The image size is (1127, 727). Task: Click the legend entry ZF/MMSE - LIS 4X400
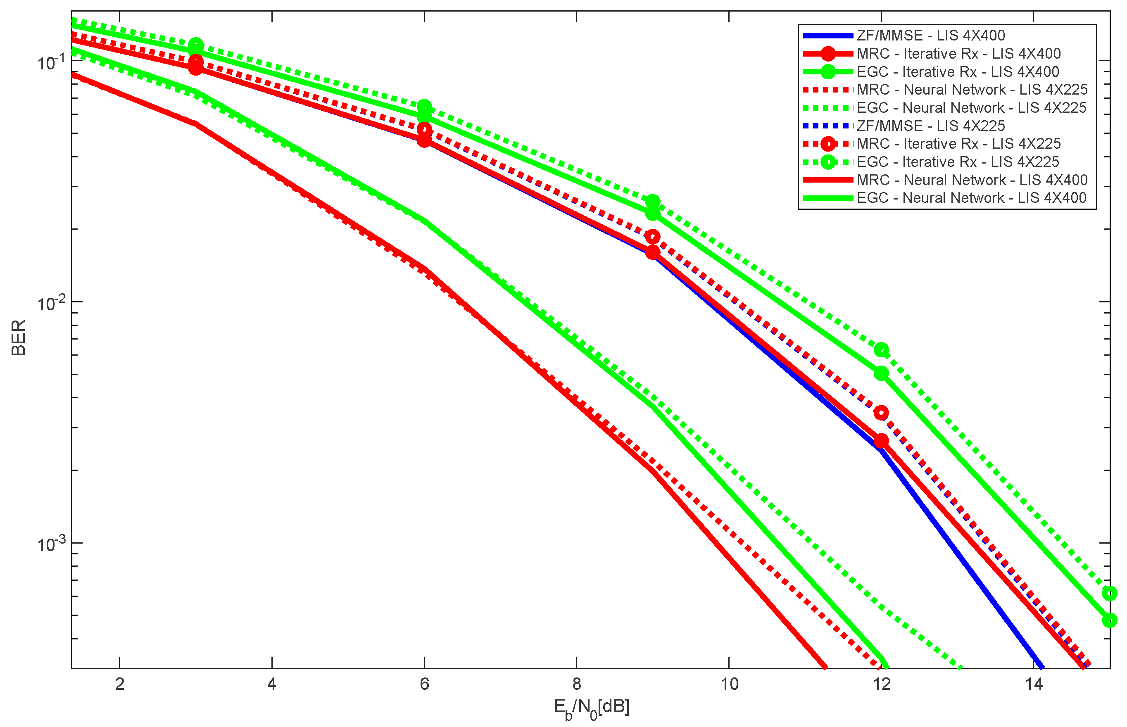click(x=930, y=36)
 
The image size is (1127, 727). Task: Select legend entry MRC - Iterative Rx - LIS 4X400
click(x=958, y=53)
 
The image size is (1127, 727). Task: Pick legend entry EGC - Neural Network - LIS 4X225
click(x=971, y=108)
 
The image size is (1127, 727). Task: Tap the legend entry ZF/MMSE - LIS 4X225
click(x=930, y=126)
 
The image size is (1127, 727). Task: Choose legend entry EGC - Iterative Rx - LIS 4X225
click(x=958, y=162)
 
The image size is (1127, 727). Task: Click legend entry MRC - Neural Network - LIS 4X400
click(x=972, y=180)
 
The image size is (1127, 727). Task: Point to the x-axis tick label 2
click(x=119, y=684)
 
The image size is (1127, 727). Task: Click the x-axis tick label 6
click(x=424, y=684)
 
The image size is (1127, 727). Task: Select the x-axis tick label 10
click(x=729, y=684)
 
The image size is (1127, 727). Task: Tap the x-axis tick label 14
click(x=1034, y=684)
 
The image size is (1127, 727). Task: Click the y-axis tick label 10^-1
click(x=51, y=63)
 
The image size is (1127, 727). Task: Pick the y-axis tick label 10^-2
click(x=51, y=304)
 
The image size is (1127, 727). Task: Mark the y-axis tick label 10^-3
click(x=51, y=544)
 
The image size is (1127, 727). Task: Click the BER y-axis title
click(x=19, y=337)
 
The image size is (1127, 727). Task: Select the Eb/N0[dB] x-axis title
click(x=591, y=708)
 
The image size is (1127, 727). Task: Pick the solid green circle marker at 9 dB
click(x=652, y=214)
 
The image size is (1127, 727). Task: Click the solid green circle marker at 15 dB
click(x=1109, y=620)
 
